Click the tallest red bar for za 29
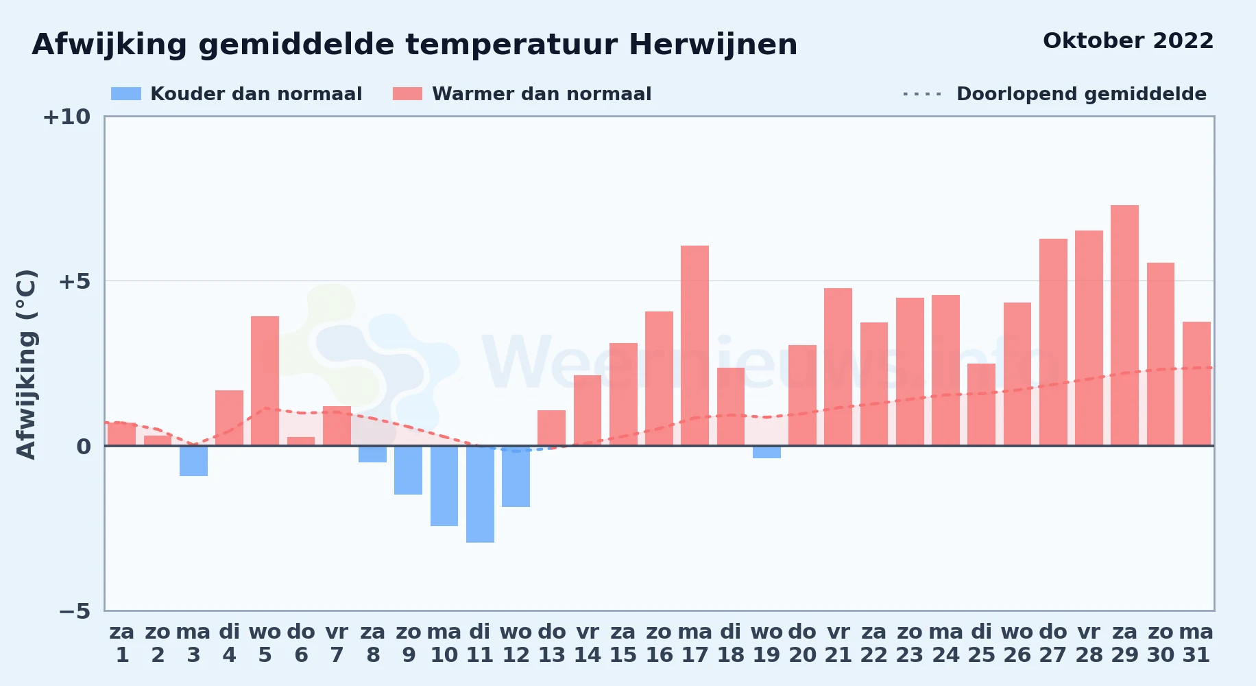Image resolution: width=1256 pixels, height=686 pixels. pyautogui.click(x=1124, y=325)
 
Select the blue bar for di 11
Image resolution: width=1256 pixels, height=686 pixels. pyautogui.click(x=480, y=494)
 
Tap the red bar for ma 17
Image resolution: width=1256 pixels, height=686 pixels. pyautogui.click(x=695, y=346)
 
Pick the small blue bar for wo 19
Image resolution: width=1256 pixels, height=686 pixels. pyautogui.click(x=766, y=452)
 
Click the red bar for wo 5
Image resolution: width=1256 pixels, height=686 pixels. pyautogui.click(x=265, y=381)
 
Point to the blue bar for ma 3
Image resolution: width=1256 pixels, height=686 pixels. pyautogui.click(x=193, y=461)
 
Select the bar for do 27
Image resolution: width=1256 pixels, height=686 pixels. pyautogui.click(x=1053, y=342)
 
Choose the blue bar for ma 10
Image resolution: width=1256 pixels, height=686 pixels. pyautogui.click(x=444, y=486)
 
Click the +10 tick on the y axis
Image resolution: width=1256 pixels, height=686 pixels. pyautogui.click(x=67, y=117)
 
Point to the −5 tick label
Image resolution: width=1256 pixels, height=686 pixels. pyautogui.click(x=75, y=611)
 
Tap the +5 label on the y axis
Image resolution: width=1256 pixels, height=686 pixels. pyautogui.click(x=75, y=281)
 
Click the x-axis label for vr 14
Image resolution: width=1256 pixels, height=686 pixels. pyautogui.click(x=588, y=643)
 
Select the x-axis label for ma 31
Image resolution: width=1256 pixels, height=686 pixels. pyautogui.click(x=1196, y=643)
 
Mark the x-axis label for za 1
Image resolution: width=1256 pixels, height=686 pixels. pyautogui.click(x=122, y=643)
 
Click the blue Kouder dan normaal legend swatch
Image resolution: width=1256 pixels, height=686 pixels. pyautogui.click(x=126, y=94)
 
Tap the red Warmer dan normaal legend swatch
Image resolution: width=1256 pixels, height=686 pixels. pyautogui.click(x=407, y=94)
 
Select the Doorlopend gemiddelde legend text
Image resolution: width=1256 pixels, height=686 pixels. pyautogui.click(x=1081, y=94)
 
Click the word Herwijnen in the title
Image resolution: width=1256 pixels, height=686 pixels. pyautogui.click(x=713, y=45)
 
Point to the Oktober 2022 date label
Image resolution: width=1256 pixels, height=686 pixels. pyautogui.click(x=1128, y=41)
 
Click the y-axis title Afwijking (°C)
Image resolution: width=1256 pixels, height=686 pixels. pyautogui.click(x=26, y=364)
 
